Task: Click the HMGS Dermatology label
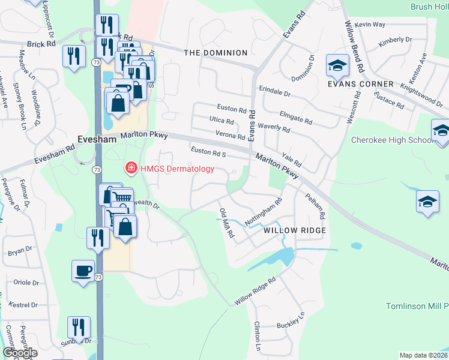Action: (177, 169)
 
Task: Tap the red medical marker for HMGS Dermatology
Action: (130, 169)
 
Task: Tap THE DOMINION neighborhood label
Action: (215, 53)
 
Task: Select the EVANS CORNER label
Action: (360, 84)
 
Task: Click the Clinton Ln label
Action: (258, 336)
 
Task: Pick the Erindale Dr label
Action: (274, 94)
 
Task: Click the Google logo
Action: (20, 353)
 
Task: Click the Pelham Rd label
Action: (315, 206)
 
